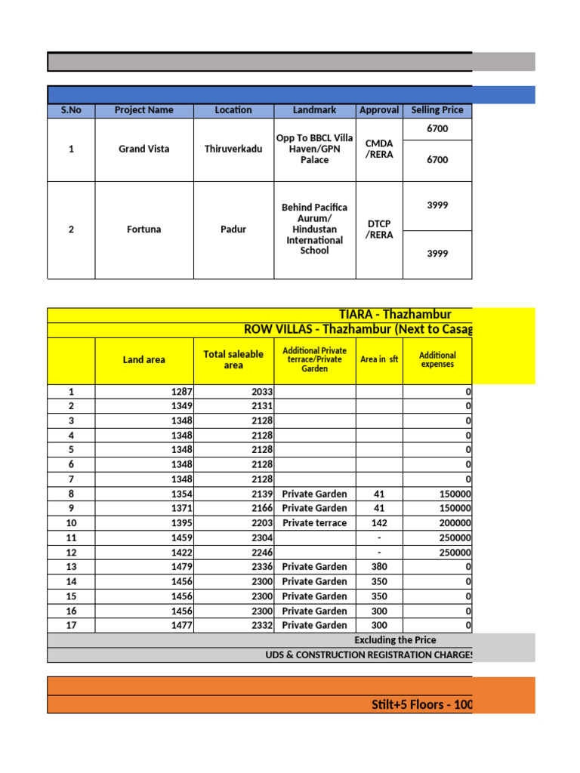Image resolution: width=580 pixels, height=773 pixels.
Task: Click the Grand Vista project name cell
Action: pos(143,149)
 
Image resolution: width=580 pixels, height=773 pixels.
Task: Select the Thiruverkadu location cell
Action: pos(233,149)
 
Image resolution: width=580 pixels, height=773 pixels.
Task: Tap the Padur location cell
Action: pos(233,229)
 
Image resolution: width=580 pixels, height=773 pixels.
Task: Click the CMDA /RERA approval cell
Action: pos(379,149)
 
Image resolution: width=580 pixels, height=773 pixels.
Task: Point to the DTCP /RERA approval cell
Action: pos(379,229)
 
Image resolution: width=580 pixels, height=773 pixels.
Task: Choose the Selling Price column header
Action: pos(437,110)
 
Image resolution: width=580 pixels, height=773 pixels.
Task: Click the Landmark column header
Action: pos(315,110)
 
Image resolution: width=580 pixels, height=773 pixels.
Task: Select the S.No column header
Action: pos(71,110)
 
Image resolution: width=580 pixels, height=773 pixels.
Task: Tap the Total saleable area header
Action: pos(233,359)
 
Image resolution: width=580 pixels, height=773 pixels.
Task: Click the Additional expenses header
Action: pos(437,359)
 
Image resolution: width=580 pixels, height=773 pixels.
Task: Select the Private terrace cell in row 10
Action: pos(315,523)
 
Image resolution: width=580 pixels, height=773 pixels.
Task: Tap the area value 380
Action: pos(379,567)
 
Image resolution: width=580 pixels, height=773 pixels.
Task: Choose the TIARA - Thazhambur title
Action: pos(396,315)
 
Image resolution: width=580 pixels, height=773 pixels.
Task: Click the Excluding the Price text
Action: pos(395,640)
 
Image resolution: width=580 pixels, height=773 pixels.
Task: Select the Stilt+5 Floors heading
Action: pos(422,705)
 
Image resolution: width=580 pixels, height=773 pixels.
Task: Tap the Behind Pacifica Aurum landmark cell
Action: pos(315,229)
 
